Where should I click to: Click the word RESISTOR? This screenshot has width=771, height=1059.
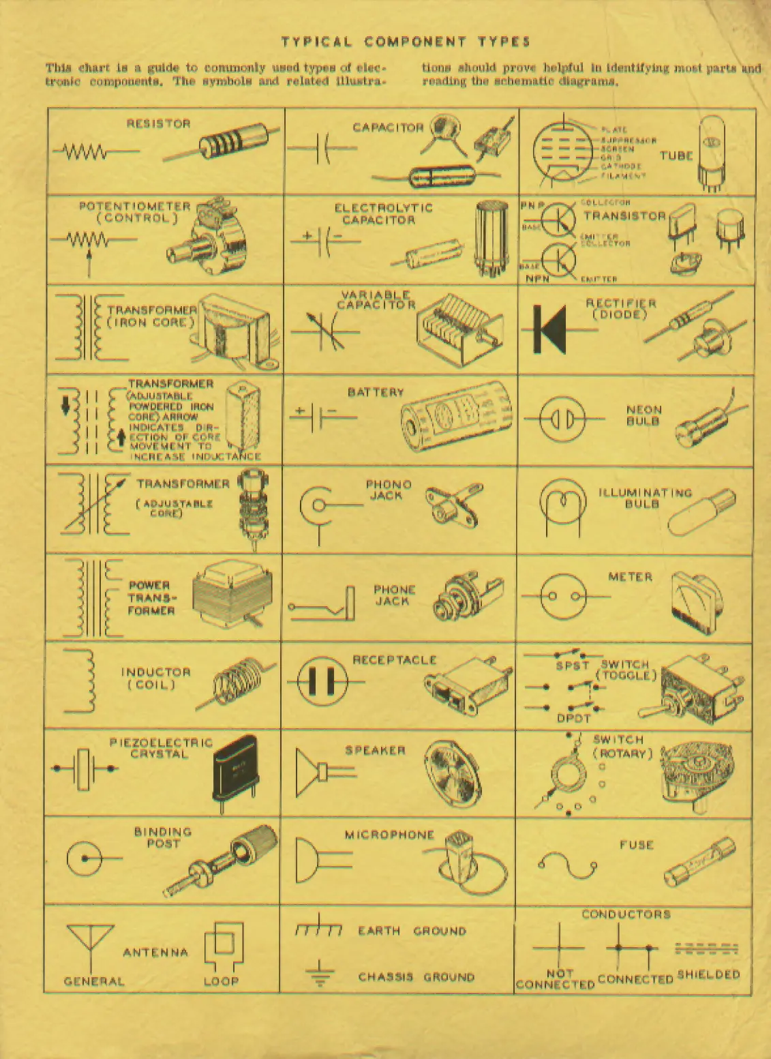coord(158,123)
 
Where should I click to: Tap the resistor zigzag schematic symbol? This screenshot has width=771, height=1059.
coord(85,151)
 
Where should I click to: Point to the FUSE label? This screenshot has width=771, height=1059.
coord(637,845)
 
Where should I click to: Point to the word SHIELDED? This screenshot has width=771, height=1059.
coord(708,974)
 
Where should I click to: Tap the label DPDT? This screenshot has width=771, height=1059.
coord(573,718)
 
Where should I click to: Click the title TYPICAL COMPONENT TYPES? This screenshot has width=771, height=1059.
coord(406,42)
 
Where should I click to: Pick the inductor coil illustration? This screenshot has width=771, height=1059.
coord(237,682)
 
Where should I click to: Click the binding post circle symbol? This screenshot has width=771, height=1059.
coord(85,858)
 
